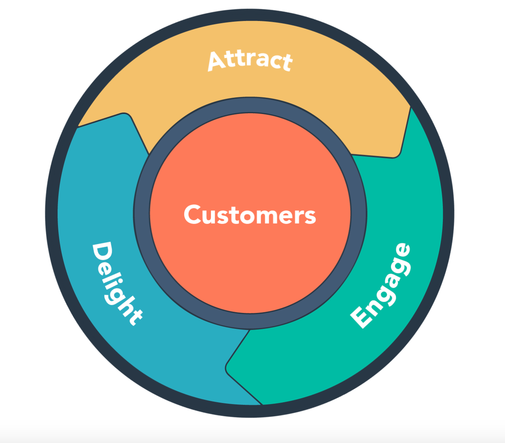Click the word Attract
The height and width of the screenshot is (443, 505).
click(x=250, y=61)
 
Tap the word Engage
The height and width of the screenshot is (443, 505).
click(x=381, y=286)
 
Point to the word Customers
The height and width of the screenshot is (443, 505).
click(x=250, y=215)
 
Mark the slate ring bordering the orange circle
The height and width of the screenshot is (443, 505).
click(x=142, y=214)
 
